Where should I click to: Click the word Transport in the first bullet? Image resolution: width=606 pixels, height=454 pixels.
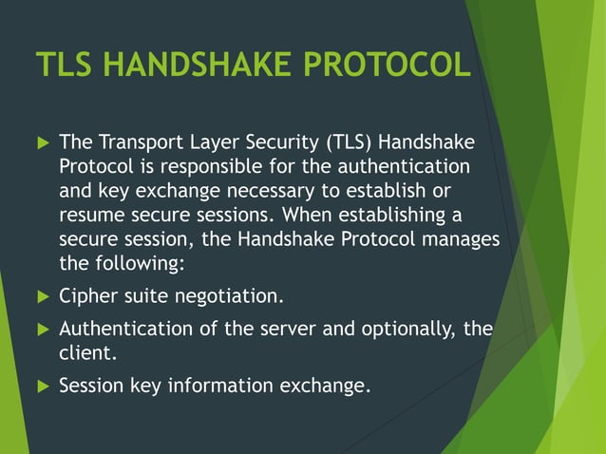click(x=139, y=143)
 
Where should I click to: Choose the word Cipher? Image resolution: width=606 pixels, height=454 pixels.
click(x=86, y=296)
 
